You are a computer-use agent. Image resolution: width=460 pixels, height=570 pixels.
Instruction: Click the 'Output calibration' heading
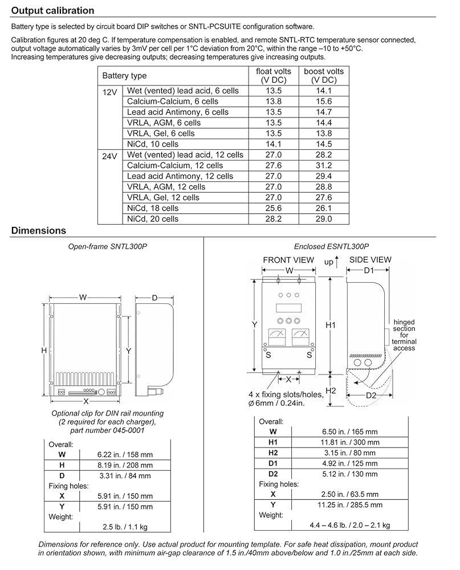(53, 10)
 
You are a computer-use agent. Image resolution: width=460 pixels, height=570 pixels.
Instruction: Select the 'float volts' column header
(274, 75)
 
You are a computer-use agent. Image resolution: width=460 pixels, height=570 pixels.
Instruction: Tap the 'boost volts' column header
(323, 75)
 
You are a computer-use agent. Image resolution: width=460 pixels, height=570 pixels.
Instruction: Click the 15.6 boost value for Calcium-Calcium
(323, 101)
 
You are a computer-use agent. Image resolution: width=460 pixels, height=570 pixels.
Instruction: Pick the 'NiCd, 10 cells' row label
(153, 144)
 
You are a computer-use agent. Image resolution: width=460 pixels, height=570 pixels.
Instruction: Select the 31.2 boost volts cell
(323, 165)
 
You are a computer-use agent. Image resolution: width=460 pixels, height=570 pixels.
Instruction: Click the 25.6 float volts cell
(274, 208)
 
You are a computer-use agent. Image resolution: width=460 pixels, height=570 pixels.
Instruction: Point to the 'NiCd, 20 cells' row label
(153, 219)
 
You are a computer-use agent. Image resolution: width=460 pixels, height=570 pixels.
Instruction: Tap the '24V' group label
(110, 155)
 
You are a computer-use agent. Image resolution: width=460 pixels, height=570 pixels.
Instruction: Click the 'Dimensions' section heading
(39, 231)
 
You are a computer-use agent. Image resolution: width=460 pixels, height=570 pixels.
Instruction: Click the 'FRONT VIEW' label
(288, 260)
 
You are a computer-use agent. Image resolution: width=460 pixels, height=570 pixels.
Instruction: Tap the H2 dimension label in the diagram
(331, 390)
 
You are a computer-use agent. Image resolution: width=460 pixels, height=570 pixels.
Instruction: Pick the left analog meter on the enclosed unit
(277, 337)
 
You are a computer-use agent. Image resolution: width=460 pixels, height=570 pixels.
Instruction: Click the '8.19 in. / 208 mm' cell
(124, 465)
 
